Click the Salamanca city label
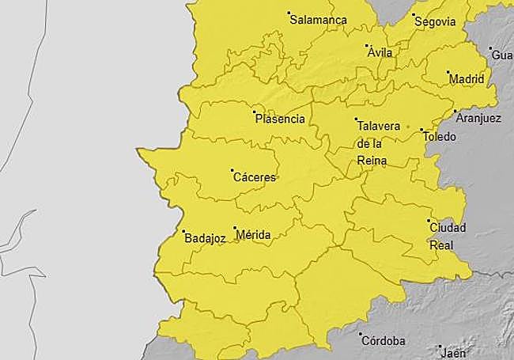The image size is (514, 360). click(x=319, y=20)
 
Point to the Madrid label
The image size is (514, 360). click(x=466, y=79)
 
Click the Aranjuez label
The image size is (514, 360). click(x=479, y=118)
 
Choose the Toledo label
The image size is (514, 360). click(x=440, y=137)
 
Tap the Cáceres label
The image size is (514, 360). click(x=255, y=177)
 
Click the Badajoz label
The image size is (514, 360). click(x=205, y=237)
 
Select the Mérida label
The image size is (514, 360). click(x=254, y=235)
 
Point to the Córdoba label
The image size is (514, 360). click(x=384, y=341)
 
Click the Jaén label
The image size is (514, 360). click(x=454, y=353)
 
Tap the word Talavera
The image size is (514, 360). click(x=380, y=126)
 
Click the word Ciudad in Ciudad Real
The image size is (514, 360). click(x=448, y=229)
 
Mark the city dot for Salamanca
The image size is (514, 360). click(x=289, y=13)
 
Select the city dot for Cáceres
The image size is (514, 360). click(x=232, y=170)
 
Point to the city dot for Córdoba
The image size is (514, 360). click(x=361, y=335)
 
